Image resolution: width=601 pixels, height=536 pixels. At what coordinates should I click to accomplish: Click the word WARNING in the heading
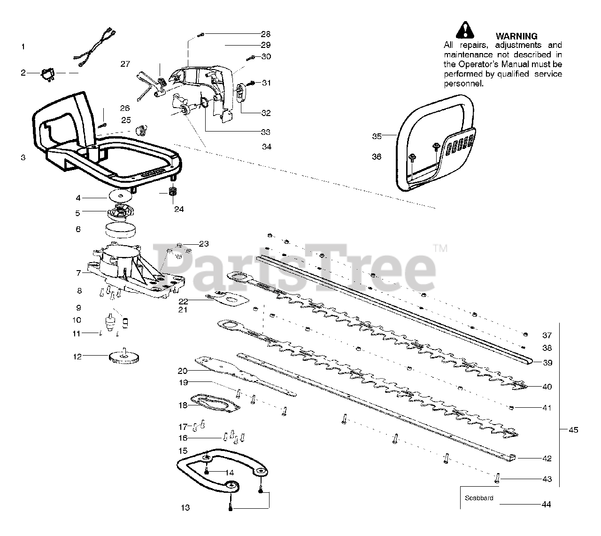click(516, 36)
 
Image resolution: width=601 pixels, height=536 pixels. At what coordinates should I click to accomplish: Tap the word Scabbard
click(479, 498)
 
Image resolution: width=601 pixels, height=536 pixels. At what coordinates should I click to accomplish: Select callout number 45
click(573, 430)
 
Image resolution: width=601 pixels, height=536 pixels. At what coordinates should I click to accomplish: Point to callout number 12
click(77, 357)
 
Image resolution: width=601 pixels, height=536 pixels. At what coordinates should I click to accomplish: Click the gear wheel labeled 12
click(124, 359)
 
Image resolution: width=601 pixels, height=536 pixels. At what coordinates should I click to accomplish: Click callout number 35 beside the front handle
click(377, 136)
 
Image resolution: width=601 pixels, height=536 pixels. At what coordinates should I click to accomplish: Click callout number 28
click(266, 34)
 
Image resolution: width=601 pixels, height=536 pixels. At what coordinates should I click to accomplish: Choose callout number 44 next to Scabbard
click(546, 505)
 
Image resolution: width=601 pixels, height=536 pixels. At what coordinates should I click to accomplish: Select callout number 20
click(183, 370)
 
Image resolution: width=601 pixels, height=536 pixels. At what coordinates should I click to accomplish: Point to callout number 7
click(78, 272)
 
